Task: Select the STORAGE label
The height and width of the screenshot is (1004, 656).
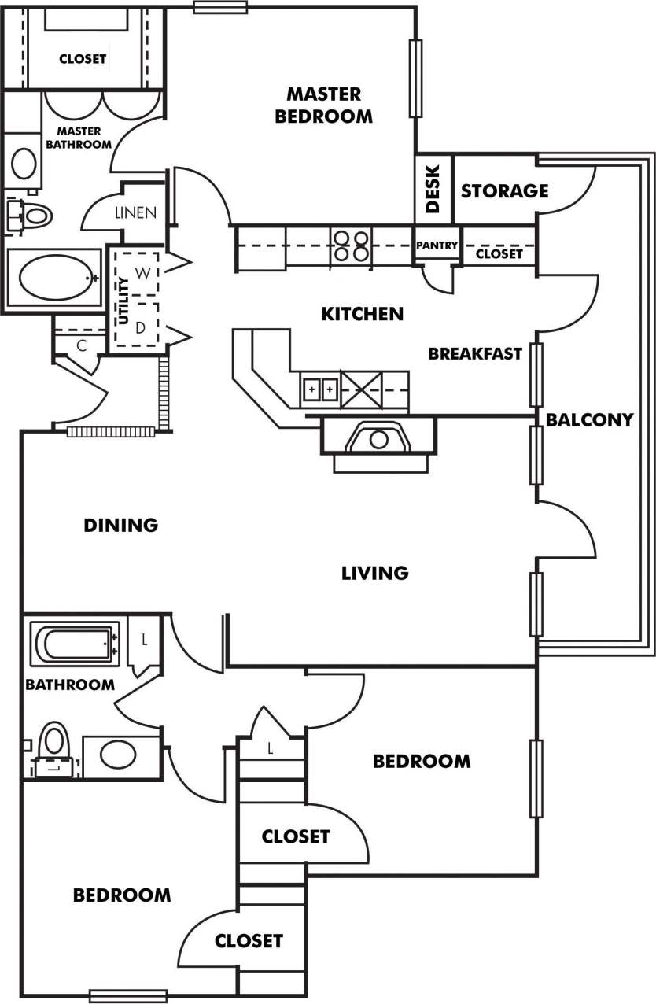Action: point(504,191)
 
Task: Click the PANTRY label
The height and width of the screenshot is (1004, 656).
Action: point(437,245)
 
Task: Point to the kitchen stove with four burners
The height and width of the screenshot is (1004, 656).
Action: point(351,245)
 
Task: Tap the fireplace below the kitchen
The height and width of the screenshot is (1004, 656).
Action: point(378,438)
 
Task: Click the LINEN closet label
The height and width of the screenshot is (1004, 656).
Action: point(135,212)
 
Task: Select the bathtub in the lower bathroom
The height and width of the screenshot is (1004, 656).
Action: point(74,644)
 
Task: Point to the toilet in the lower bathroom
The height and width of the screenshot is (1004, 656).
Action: point(53,747)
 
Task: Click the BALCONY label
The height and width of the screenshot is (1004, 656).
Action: point(589,419)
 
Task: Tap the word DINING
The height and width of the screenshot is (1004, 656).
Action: point(121,525)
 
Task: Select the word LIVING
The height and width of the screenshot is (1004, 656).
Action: point(375,573)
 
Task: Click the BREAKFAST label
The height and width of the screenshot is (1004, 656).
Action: point(475,354)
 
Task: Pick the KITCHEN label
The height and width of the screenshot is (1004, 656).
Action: point(362,314)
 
